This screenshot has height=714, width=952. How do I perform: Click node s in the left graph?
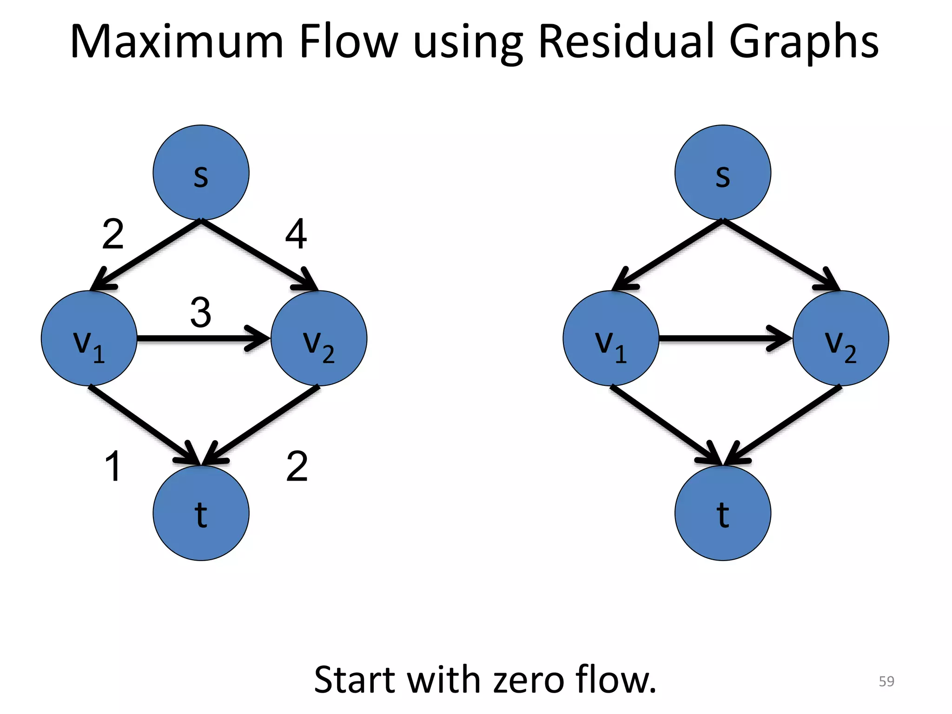pos(201,172)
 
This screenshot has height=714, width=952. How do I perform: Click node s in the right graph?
pos(722,172)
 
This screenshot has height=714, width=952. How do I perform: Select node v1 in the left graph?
pos(89,338)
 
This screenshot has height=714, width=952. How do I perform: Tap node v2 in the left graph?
pos(319,338)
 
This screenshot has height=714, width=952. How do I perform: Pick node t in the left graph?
pos(201,513)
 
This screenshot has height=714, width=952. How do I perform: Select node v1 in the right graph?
pos(611,338)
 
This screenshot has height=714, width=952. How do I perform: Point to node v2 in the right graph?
pos(840,338)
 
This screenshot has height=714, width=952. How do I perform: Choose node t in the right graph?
pos(722,513)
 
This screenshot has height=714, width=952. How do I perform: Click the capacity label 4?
pos(296,234)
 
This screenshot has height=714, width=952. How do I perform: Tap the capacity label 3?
pos(201,313)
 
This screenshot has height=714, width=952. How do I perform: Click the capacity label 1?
pos(113,466)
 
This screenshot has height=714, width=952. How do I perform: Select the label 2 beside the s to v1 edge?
pos(113,234)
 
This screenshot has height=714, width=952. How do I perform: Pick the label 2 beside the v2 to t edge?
pos(297,466)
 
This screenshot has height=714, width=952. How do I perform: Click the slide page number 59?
pos(886,681)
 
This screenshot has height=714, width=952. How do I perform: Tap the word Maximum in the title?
pos(177,42)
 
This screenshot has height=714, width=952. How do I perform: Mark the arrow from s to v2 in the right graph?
pos(781,255)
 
